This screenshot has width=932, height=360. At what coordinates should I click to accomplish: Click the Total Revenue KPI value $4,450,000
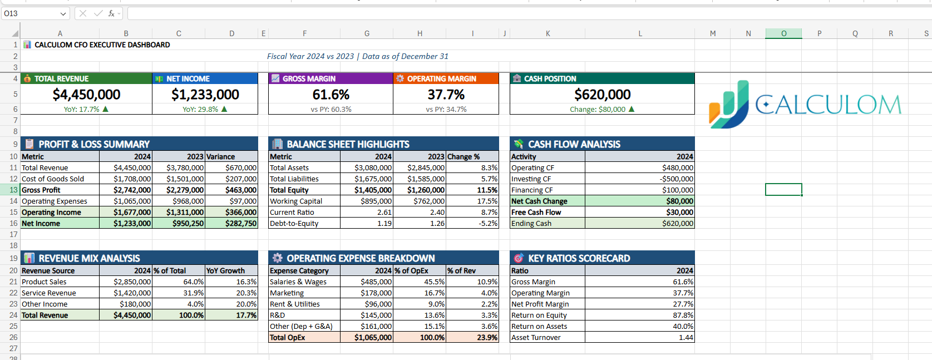coord(86,95)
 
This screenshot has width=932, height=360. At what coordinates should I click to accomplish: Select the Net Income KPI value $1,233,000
coord(205,95)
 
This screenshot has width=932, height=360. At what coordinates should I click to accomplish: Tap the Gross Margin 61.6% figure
coord(331,95)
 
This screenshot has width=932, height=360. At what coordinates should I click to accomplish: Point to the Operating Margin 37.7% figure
coord(446,95)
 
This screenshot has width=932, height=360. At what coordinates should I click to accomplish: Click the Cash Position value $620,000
coord(602,95)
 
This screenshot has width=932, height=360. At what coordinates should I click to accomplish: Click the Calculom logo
coord(805,105)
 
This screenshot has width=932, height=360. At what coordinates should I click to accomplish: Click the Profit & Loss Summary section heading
coord(93,145)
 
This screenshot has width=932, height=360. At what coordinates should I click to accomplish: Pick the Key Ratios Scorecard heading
coord(579,259)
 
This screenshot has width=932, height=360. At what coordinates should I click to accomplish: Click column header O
coord(783,33)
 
